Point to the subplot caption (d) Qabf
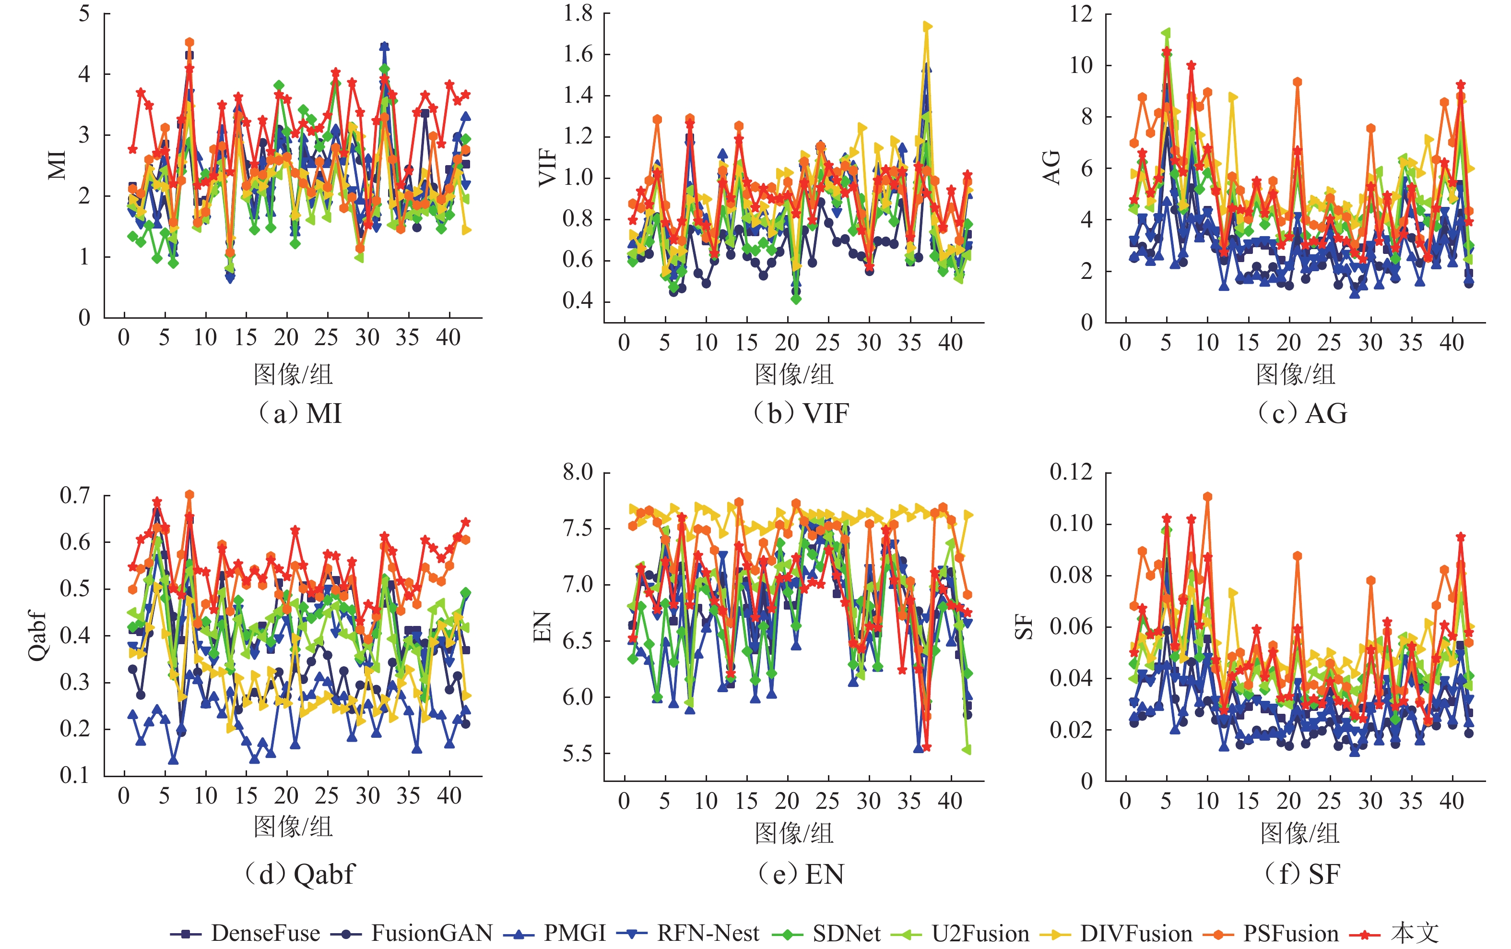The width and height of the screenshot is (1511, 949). (x=300, y=874)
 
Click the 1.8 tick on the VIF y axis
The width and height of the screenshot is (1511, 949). (x=577, y=13)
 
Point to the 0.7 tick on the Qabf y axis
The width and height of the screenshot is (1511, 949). (x=75, y=495)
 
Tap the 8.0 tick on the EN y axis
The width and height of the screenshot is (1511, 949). (x=577, y=472)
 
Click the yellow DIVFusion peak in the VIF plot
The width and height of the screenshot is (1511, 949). (x=927, y=26)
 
